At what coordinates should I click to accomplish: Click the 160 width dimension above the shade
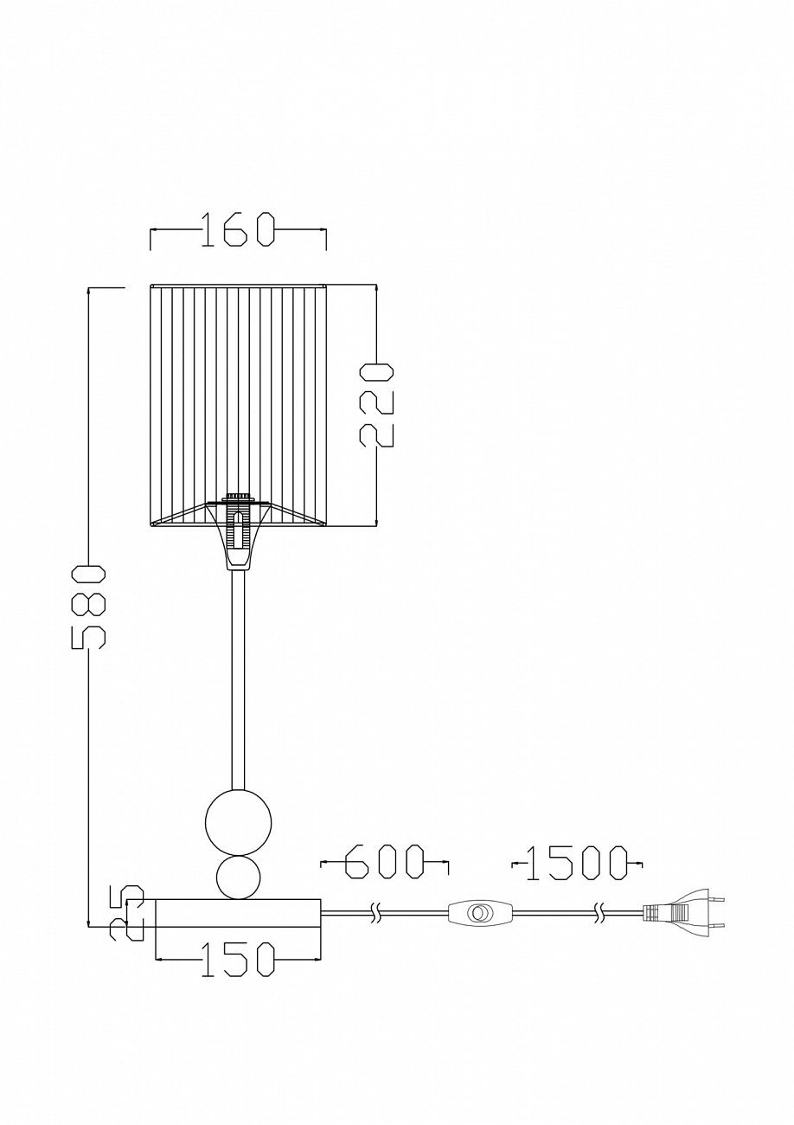(x=238, y=230)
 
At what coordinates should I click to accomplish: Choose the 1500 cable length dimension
(x=577, y=864)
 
